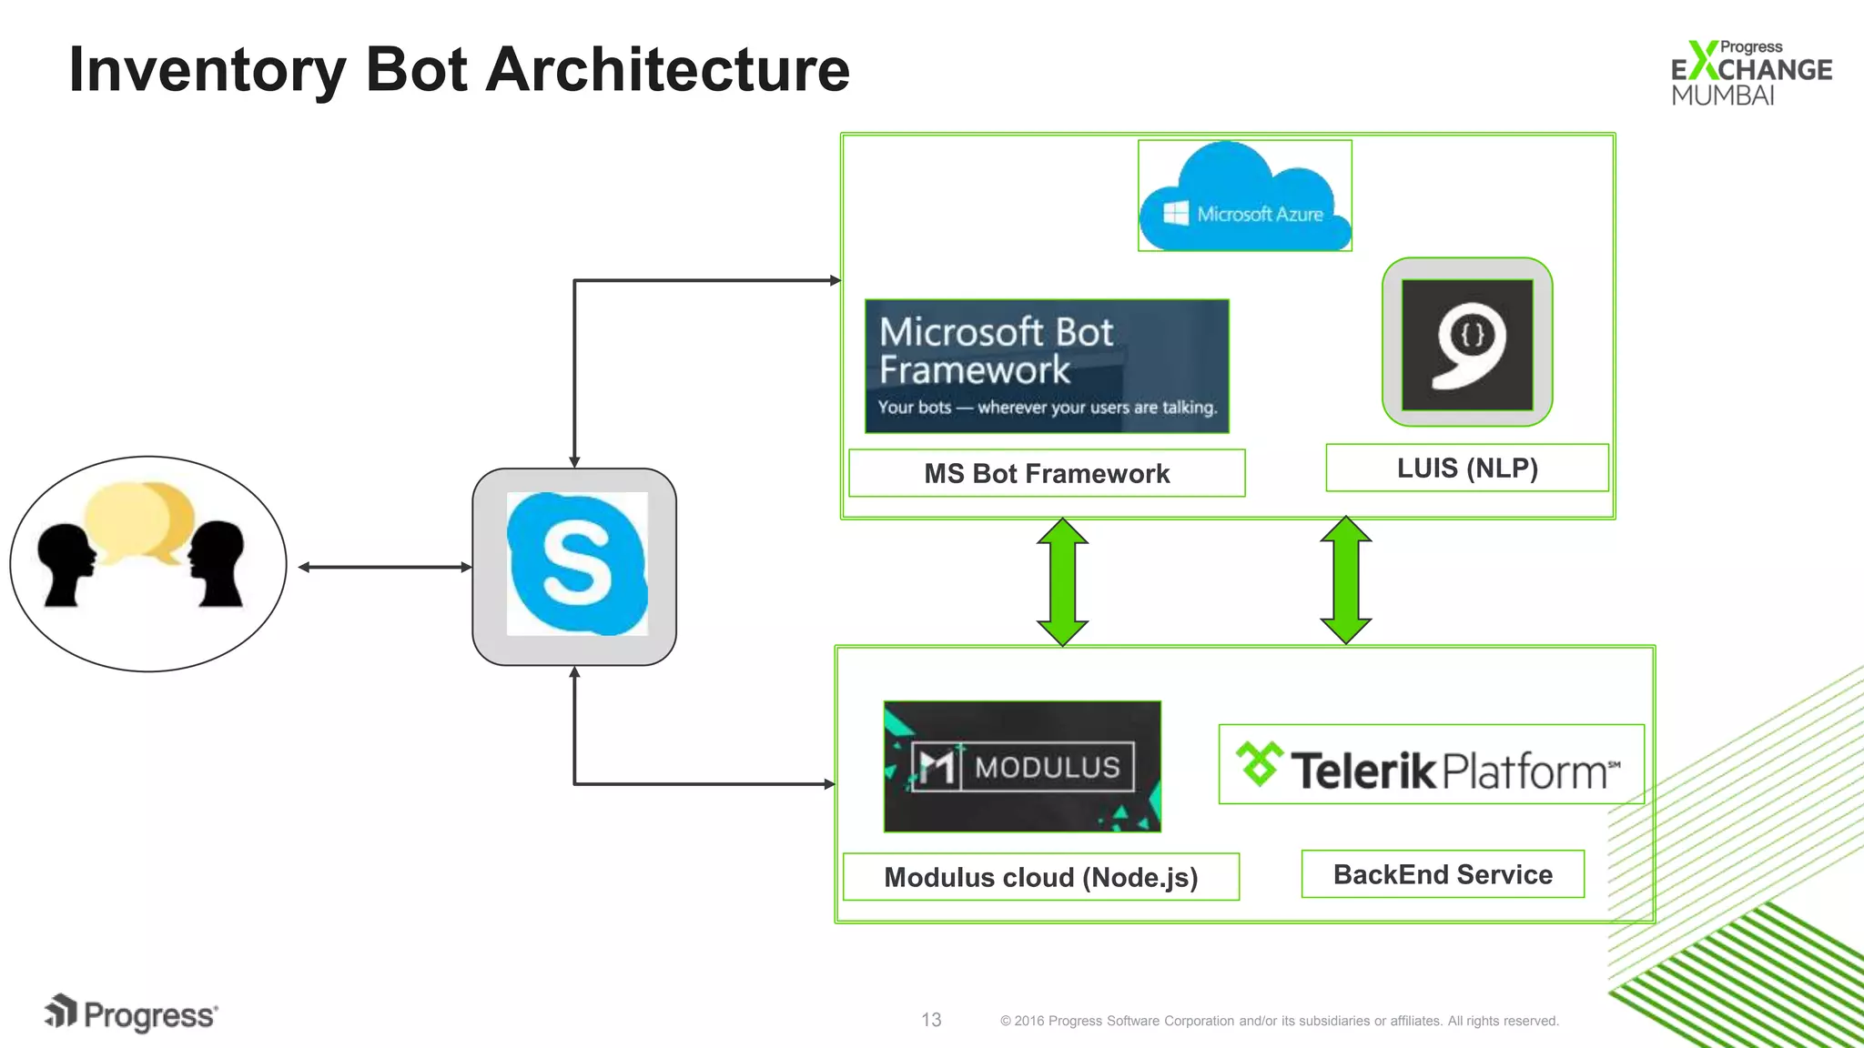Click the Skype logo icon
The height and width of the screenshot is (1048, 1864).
576,564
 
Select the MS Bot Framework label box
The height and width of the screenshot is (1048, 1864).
1047,473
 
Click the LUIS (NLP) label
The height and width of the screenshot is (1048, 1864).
1466,469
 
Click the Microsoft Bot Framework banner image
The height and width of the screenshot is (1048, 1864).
1047,367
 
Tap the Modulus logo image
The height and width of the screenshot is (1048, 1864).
1022,766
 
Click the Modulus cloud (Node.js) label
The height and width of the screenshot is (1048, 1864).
1040,877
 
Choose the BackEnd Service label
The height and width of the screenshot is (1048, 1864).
1443,874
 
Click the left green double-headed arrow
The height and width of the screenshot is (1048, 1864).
1062,582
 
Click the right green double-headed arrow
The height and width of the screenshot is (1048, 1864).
1345,580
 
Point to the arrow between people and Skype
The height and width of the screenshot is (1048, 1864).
385,568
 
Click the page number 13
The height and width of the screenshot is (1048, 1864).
931,1020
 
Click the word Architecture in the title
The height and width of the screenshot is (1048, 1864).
667,70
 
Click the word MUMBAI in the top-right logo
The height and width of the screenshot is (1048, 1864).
1722,96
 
